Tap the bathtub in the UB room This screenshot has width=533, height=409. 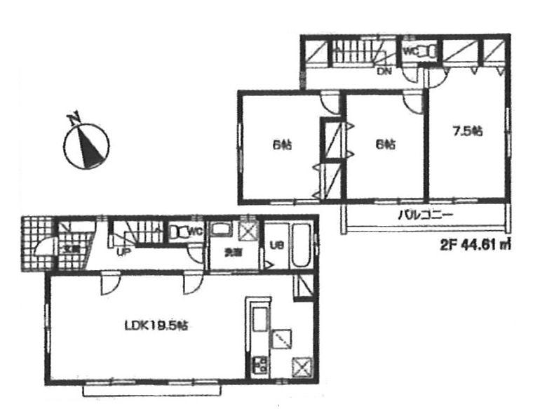(301, 246)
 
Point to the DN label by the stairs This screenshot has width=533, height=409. (384, 69)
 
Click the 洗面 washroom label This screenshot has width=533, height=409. (230, 254)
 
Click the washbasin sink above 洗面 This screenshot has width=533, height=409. (223, 231)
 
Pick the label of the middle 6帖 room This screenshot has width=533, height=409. (385, 145)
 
